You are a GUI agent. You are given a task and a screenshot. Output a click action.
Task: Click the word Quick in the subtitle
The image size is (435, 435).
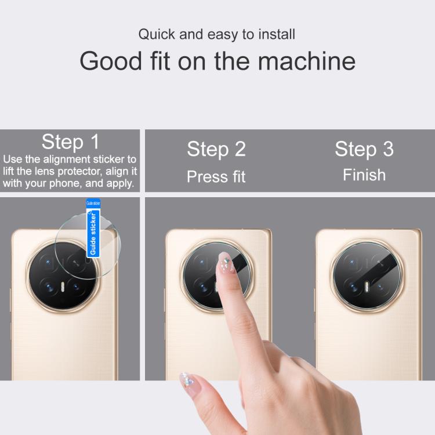[x=157, y=35]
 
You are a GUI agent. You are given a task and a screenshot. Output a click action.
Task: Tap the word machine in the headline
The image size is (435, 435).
[x=307, y=61]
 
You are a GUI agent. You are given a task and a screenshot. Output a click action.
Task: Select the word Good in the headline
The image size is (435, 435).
[x=111, y=61]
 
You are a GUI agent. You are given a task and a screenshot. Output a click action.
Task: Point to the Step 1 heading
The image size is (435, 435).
[x=70, y=142]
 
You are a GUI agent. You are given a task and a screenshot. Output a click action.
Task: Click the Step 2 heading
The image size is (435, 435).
[x=216, y=149]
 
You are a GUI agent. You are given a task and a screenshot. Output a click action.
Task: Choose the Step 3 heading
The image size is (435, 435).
[x=364, y=149]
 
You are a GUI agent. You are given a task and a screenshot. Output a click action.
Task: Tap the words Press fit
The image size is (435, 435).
[x=216, y=177]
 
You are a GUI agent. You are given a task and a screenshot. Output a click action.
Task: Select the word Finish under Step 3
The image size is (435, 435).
[x=364, y=175]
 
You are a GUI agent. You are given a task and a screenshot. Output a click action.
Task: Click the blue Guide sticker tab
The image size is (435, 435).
[x=93, y=228]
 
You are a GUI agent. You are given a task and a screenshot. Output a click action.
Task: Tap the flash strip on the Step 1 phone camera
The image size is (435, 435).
[x=63, y=287]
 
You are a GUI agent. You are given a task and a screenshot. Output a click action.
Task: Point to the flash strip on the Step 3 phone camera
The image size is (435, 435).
[x=367, y=287]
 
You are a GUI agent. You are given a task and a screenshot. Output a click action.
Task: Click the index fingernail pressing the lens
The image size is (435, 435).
[x=226, y=263]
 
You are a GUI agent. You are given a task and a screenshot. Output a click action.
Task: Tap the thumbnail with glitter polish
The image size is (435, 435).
[x=187, y=380]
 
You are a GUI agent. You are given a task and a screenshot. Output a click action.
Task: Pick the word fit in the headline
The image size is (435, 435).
[x=160, y=61]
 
